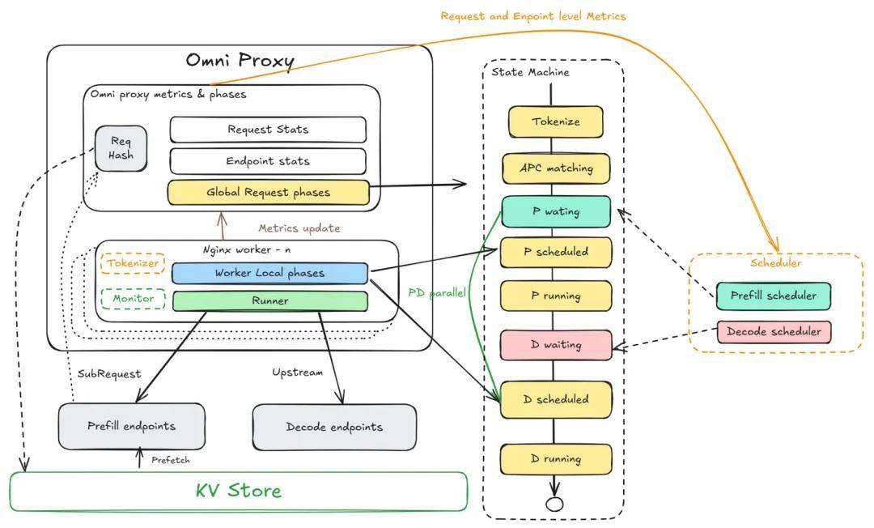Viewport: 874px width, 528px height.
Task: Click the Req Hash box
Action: click(x=121, y=148)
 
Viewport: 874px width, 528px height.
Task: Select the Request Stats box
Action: click(x=267, y=130)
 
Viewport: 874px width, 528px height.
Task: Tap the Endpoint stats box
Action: click(x=267, y=161)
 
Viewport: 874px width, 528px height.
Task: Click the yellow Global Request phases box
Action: click(x=267, y=193)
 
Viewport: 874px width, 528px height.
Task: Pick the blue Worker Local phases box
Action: click(x=269, y=273)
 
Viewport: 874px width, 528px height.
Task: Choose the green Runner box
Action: click(x=269, y=300)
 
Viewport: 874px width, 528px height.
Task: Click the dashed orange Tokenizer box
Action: click(x=132, y=264)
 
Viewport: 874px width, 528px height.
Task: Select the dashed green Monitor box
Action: click(x=132, y=299)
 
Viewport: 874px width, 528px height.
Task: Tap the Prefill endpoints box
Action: click(x=131, y=426)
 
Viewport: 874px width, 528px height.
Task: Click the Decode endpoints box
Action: click(x=334, y=427)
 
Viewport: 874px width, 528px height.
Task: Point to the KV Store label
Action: click(x=238, y=491)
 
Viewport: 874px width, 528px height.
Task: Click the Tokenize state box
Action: click(x=555, y=122)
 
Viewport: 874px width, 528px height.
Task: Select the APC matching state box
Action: click(x=555, y=168)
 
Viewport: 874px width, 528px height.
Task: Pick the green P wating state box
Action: click(x=555, y=211)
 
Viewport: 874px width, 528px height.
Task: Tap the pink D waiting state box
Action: click(x=555, y=345)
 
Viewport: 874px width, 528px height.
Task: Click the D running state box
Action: click(x=555, y=459)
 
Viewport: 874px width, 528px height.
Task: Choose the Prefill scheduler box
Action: click(x=773, y=296)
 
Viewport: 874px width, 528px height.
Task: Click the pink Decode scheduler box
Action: click(x=773, y=331)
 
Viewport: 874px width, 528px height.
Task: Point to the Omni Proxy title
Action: click(x=240, y=61)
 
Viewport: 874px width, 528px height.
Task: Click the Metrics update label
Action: click(x=299, y=228)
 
